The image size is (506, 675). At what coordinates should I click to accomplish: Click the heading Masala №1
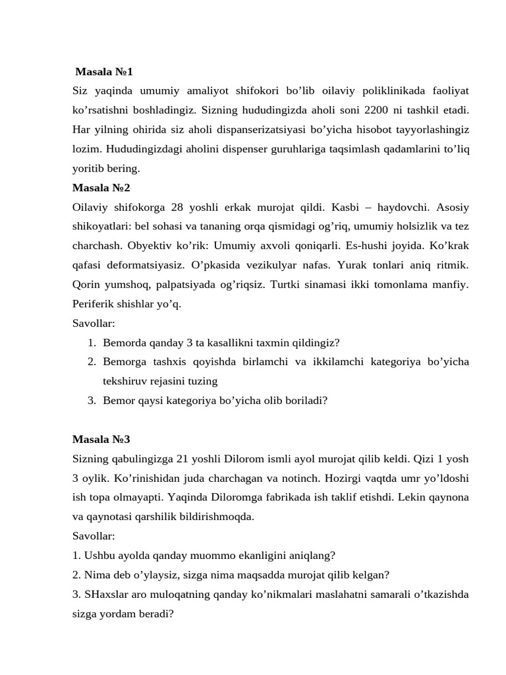click(104, 71)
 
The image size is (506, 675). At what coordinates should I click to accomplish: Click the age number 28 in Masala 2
click(177, 207)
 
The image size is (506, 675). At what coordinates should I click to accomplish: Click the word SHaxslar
click(105, 594)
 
